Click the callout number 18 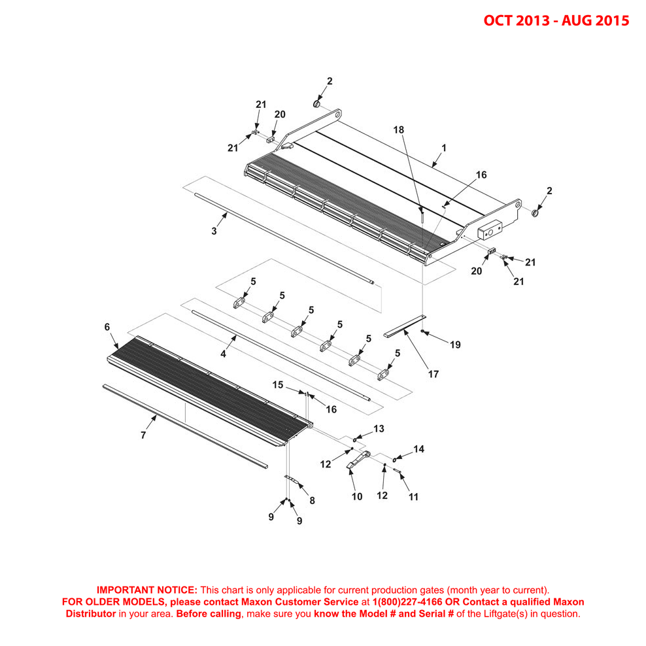pos(398,129)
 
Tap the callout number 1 pos(444,148)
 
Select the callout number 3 pos(214,231)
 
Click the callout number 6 pos(107,327)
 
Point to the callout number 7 pos(143,435)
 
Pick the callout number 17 pos(433,374)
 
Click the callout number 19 pos(455,345)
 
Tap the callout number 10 pos(357,496)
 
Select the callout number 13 pos(379,428)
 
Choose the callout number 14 pos(418,449)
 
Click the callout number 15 pos(278,384)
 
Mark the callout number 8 pos(313,500)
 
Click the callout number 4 pos(223,354)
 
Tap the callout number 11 pos(413,497)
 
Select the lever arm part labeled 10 pos(358,460)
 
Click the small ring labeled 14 pos(394,460)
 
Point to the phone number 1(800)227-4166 pos(407,602)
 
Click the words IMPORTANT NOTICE pos(147,590)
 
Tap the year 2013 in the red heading pos(533,20)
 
